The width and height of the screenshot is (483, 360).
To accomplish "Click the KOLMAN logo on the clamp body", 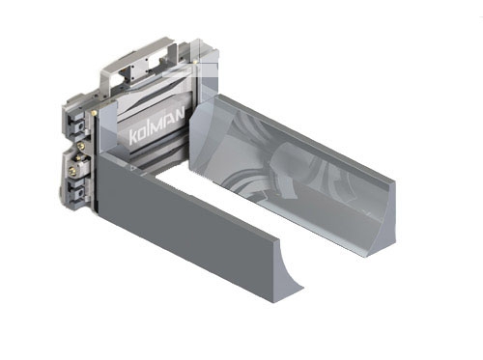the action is [156, 126].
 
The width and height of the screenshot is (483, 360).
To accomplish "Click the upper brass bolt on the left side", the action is [80, 147].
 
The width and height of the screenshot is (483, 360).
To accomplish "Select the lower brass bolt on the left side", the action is [73, 171].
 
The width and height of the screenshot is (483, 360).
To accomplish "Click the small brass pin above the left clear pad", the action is [94, 112].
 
